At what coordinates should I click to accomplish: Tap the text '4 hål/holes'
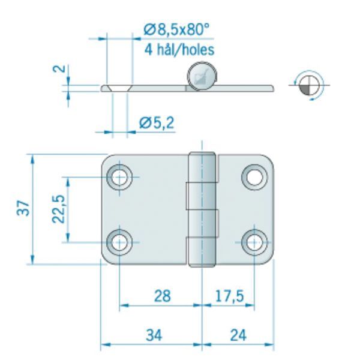[x=179, y=49]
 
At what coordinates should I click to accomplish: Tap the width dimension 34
[x=154, y=335]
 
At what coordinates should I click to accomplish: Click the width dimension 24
[x=238, y=335]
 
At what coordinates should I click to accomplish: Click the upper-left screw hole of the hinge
[x=119, y=177]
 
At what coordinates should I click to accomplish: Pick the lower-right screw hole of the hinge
[x=254, y=242]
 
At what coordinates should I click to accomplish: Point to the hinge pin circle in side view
[x=200, y=77]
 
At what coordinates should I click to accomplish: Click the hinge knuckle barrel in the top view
[x=202, y=209]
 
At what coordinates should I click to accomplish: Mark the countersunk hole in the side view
[x=117, y=88]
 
